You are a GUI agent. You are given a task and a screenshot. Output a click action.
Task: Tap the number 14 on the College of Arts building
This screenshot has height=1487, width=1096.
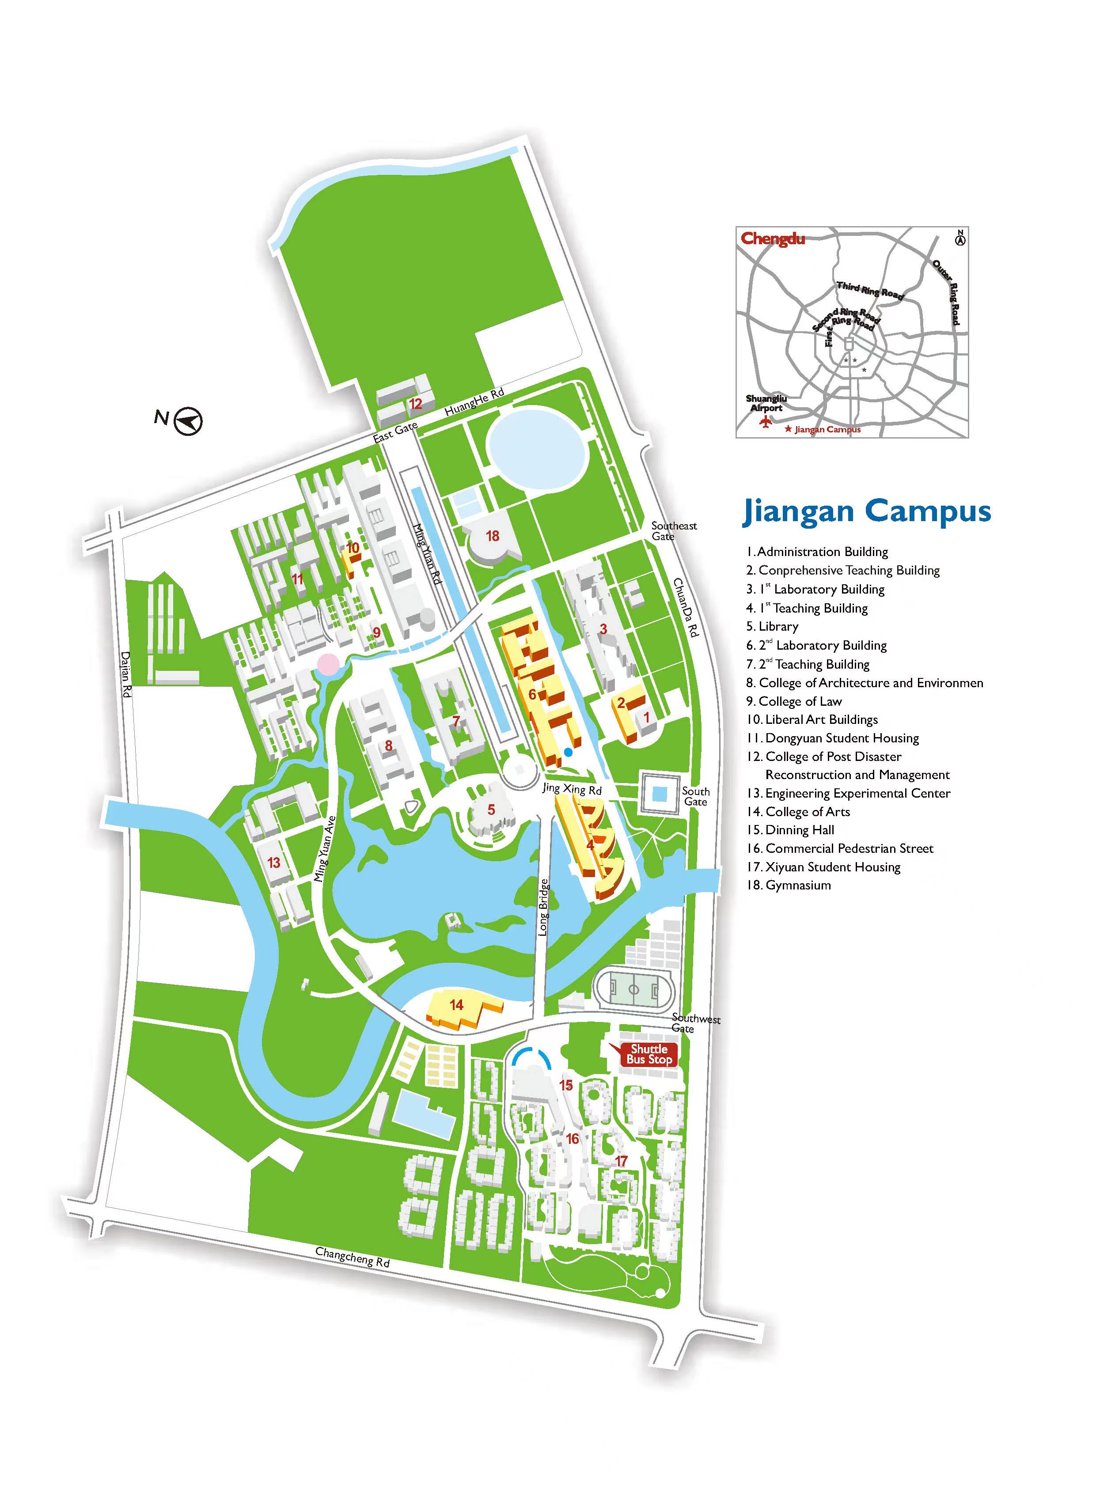tap(456, 1005)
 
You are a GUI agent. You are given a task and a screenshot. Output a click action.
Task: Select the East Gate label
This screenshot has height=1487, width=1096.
tap(395, 432)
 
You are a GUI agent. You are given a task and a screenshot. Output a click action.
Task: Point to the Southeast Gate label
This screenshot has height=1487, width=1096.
tap(673, 530)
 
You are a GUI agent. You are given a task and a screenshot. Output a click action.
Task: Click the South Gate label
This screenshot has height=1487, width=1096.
tap(695, 796)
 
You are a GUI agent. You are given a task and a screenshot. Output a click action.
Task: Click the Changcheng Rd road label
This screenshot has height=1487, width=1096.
tap(352, 1257)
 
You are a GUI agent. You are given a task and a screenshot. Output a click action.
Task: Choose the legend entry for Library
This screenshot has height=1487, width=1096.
tap(778, 626)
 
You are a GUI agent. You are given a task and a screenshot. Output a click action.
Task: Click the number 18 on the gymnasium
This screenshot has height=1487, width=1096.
tap(492, 536)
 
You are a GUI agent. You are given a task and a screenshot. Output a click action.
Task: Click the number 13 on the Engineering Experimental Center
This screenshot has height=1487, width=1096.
tap(274, 862)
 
